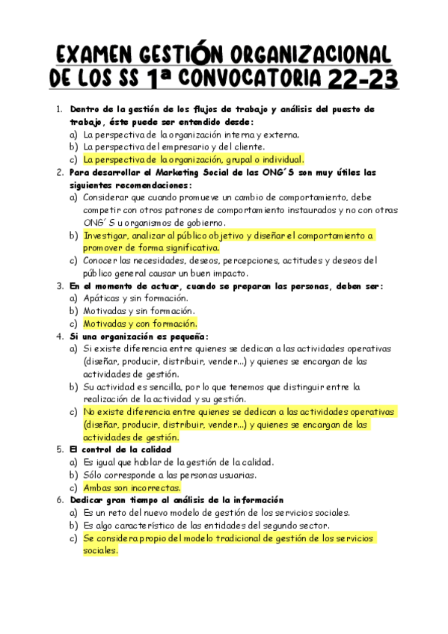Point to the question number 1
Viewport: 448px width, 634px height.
click(59, 110)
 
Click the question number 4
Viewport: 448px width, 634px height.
click(59, 336)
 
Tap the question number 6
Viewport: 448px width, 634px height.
click(59, 500)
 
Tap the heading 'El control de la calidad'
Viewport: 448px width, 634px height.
click(120, 449)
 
